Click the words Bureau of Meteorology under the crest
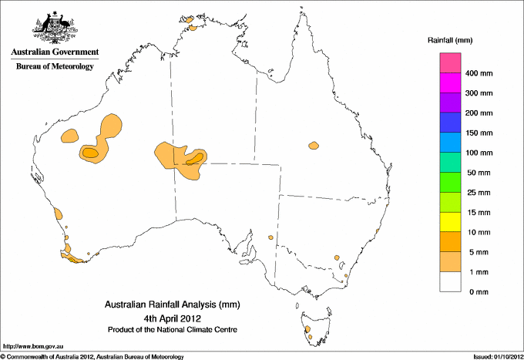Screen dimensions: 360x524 pyautogui.click(x=55, y=67)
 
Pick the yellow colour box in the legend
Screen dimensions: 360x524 pyautogui.click(x=451, y=222)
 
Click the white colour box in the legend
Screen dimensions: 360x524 pyautogui.click(x=451, y=281)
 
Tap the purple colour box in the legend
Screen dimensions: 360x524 pyautogui.click(x=451, y=103)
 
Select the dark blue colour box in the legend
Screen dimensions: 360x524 pyautogui.click(x=451, y=123)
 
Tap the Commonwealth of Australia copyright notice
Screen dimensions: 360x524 pyautogui.click(x=92, y=355)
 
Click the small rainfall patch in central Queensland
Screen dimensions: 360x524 pyautogui.click(x=314, y=145)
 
